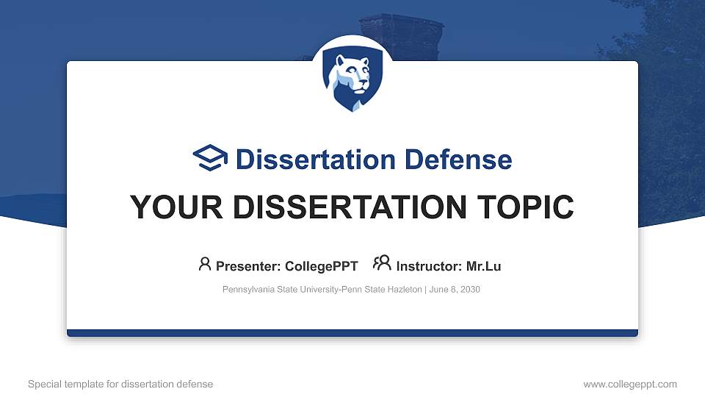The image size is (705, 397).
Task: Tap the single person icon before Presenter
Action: [x=205, y=264]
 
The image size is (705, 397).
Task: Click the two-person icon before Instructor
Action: [x=382, y=264]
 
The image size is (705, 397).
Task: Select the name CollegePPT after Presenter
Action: [x=321, y=266]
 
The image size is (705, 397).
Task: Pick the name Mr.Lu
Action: [x=484, y=266]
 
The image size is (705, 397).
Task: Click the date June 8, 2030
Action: [x=455, y=290]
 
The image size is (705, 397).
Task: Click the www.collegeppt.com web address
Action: [x=630, y=384]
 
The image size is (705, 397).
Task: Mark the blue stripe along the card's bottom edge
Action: [x=352, y=333]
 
